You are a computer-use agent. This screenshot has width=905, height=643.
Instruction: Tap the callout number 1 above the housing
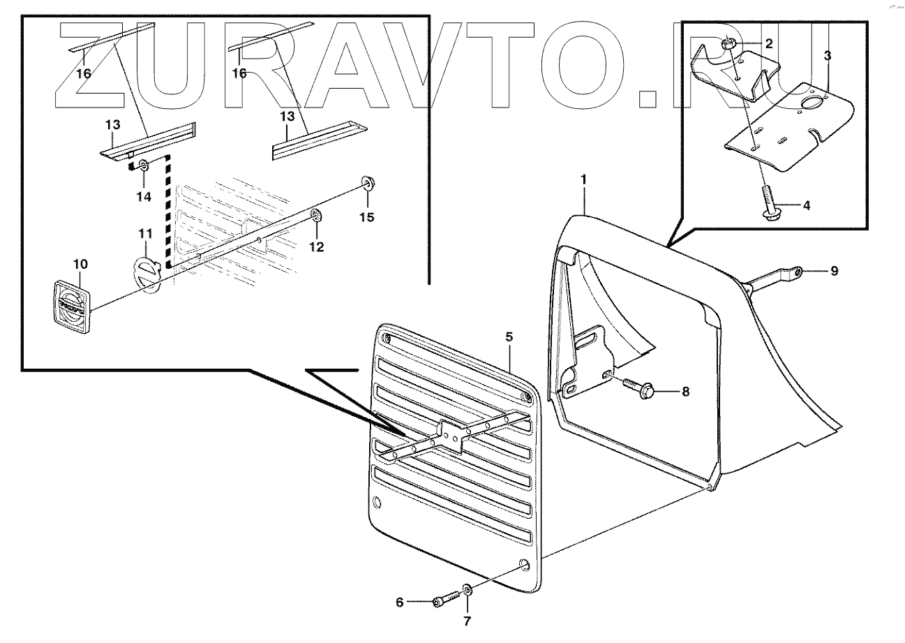583,180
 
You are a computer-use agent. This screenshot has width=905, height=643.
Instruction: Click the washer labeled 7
467,591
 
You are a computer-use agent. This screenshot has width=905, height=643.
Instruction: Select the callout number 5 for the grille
509,337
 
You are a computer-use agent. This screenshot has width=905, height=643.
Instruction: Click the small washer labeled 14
143,166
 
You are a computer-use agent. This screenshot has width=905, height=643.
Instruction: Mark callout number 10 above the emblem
80,264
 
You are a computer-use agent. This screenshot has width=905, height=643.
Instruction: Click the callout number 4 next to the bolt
807,206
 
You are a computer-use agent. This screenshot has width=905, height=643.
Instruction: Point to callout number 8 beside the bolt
685,392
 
